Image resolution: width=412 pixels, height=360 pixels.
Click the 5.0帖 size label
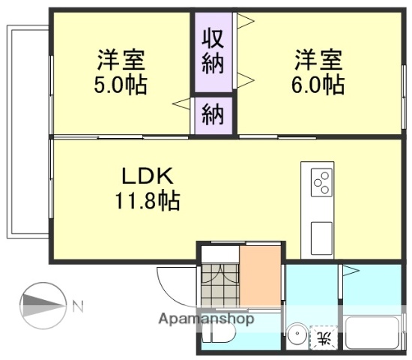click(120, 84)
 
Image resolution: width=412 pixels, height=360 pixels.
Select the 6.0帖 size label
click(318, 84)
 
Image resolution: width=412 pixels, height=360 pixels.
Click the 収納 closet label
click(213, 51)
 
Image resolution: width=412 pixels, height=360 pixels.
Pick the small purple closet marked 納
click(213, 115)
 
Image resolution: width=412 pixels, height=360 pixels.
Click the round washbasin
click(298, 335)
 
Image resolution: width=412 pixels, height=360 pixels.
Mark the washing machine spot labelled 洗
click(324, 338)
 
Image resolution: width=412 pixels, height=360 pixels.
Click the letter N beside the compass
click(78, 305)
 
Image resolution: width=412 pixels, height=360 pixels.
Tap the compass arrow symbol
click(43, 304)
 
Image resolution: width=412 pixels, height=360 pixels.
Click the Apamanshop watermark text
click(206, 319)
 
